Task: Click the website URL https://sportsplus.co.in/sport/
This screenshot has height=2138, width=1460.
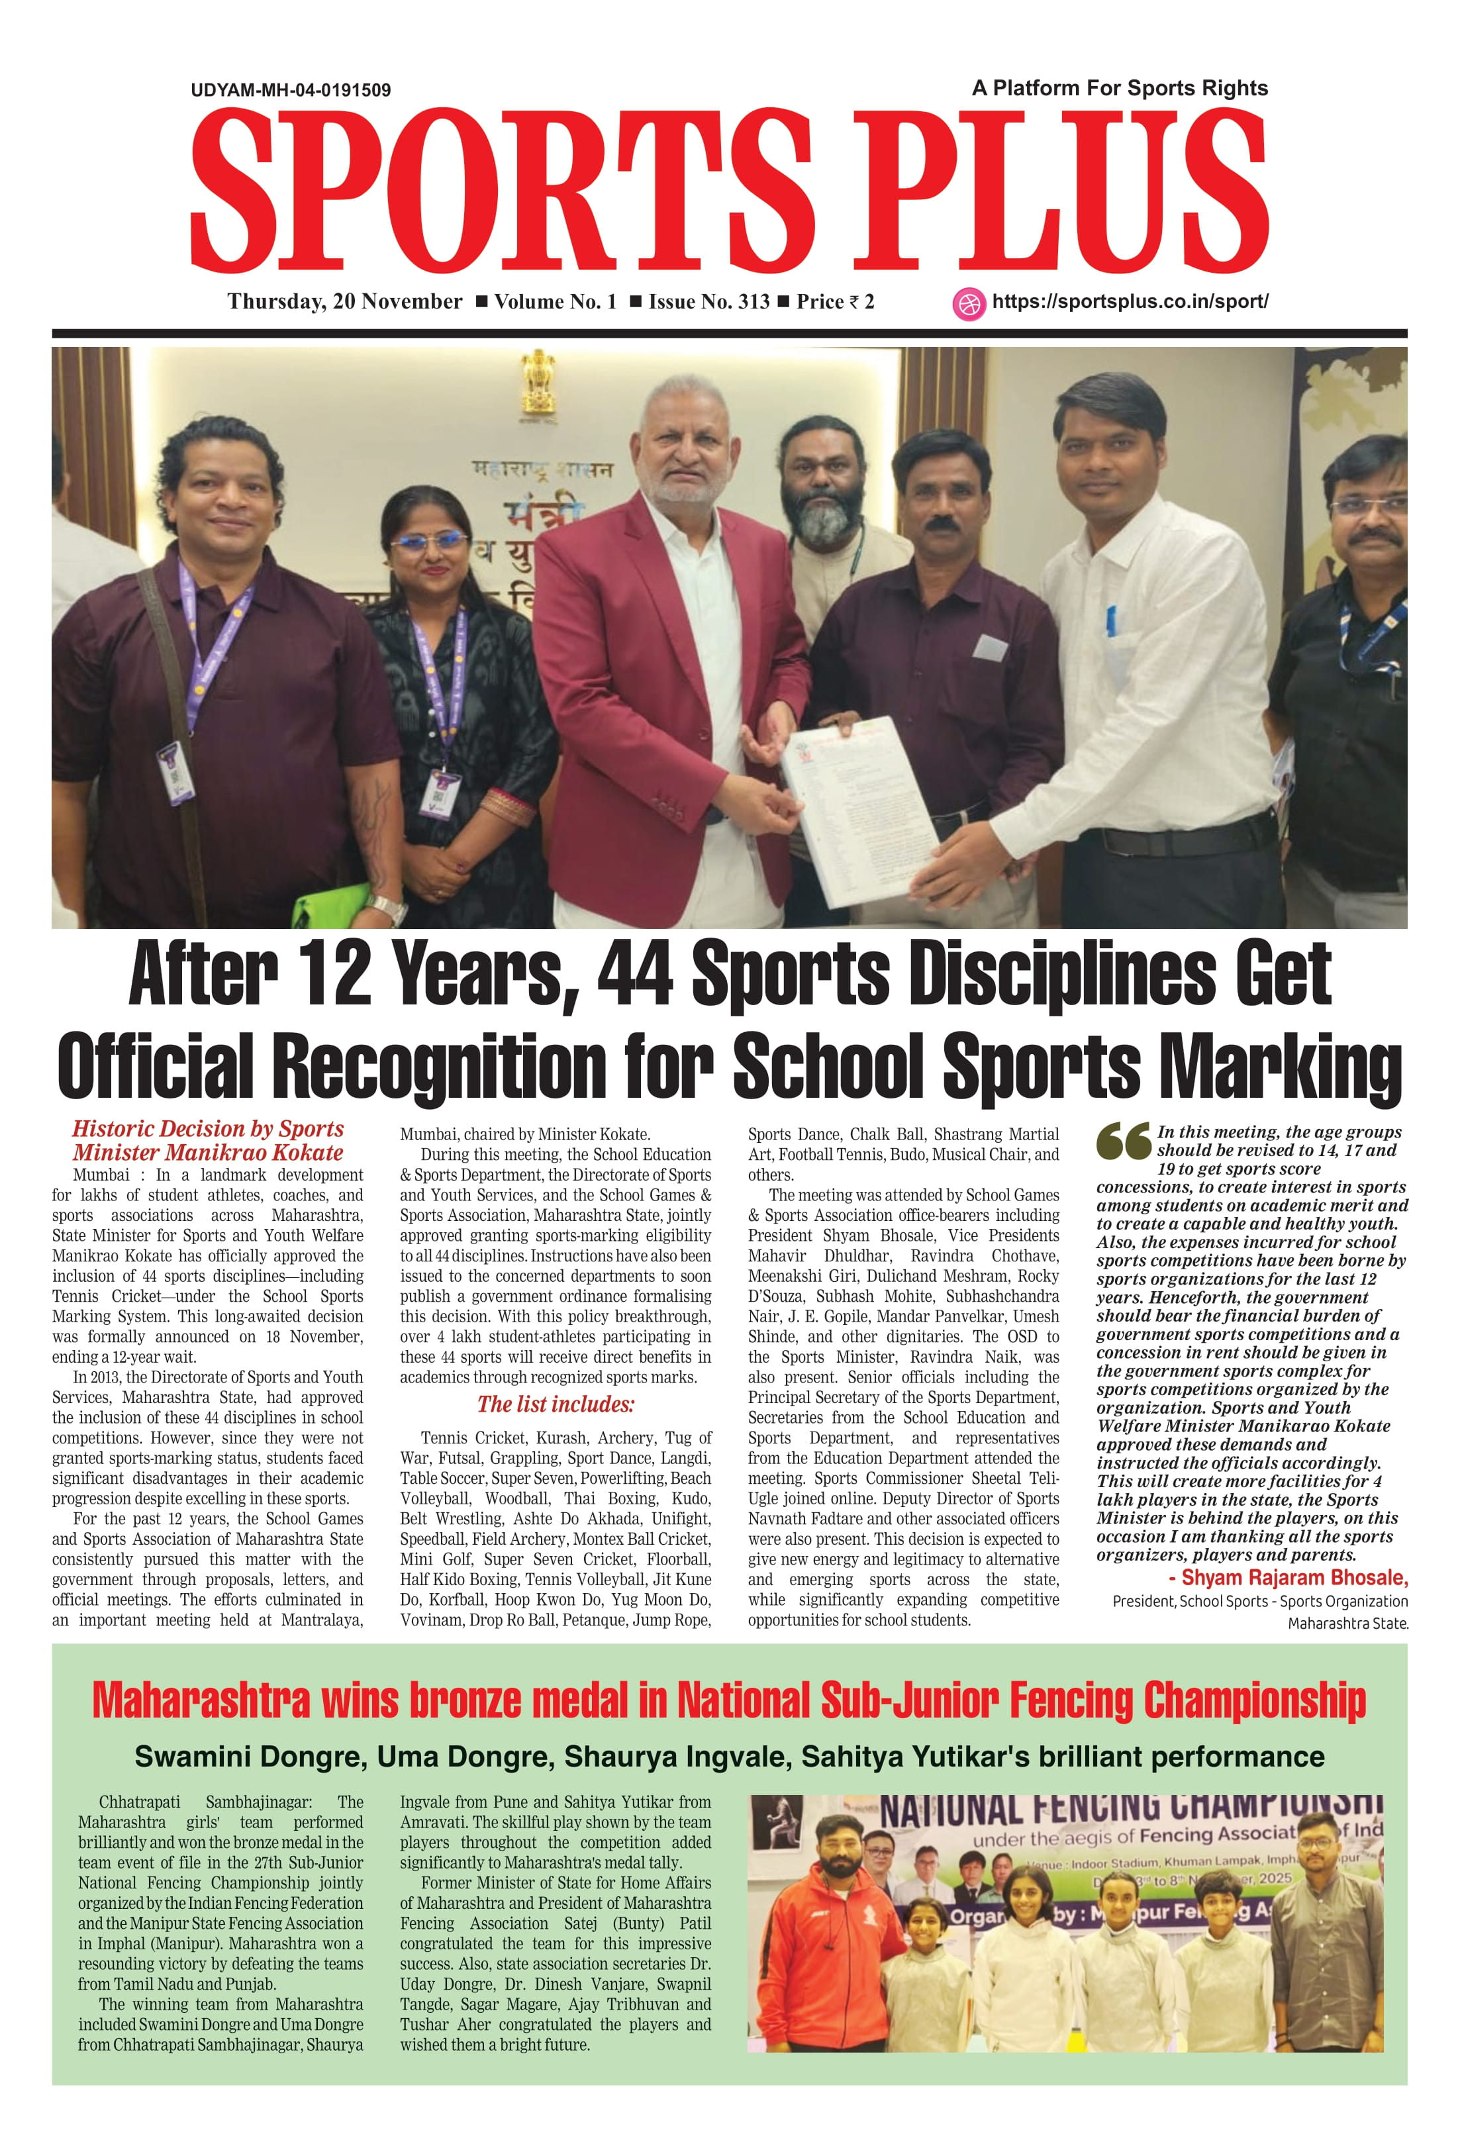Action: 1130,302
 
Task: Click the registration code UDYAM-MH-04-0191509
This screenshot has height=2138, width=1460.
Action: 291,90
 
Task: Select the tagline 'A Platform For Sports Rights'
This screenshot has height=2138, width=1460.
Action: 1120,88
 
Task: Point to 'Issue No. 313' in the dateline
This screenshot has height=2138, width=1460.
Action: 708,302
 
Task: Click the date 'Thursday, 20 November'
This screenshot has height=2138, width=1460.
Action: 345,302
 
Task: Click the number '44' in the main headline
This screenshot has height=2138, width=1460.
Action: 635,975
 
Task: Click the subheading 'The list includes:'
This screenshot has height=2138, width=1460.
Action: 556,1405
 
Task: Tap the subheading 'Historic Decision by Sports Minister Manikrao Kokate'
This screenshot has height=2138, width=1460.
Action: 208,1141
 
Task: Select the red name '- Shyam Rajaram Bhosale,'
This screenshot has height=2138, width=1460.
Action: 1288,1578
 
